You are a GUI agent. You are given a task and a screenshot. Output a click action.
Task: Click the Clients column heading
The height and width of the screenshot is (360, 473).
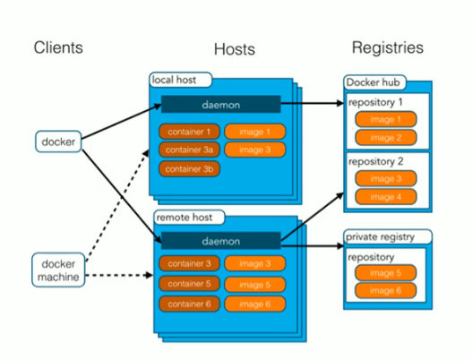tap(58, 47)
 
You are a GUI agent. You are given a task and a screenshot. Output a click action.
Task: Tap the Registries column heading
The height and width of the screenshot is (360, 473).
tap(388, 47)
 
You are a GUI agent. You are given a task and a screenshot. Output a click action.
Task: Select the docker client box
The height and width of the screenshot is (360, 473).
tap(58, 141)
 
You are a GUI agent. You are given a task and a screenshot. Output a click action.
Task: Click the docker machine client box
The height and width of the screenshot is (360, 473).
tap(58, 270)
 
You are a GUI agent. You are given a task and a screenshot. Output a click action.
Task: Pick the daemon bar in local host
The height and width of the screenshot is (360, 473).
tap(220, 104)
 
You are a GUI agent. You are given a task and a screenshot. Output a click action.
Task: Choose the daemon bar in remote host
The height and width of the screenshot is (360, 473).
tap(220, 241)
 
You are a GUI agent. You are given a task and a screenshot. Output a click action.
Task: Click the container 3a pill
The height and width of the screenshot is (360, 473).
tap(189, 150)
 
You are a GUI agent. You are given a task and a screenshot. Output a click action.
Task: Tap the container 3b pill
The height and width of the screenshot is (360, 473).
tap(189, 169)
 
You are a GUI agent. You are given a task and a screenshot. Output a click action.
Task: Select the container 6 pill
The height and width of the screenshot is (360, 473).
tap(189, 304)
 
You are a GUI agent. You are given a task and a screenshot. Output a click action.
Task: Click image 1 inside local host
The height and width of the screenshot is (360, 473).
tap(255, 132)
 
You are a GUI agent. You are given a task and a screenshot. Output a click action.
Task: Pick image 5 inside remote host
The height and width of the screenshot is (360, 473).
tap(255, 285)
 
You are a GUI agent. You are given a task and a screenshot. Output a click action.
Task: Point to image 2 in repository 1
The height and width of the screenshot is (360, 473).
tap(386, 138)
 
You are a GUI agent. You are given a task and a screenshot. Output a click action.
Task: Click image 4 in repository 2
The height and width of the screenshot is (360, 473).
tap(386, 197)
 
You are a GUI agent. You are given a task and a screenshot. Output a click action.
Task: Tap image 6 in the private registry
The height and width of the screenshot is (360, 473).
tap(385, 291)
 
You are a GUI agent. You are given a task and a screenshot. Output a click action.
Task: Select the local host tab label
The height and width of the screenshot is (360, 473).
tap(174, 80)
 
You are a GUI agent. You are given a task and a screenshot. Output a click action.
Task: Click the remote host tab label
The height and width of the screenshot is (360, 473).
tap(185, 217)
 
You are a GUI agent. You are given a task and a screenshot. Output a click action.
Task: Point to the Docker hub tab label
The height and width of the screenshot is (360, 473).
tap(374, 82)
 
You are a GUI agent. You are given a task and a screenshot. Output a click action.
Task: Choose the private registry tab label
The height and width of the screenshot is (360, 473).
tap(380, 237)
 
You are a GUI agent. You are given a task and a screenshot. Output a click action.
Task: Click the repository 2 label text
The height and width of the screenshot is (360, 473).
tap(376, 161)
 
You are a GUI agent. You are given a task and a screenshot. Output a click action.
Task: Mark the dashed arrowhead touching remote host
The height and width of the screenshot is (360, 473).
tap(149, 275)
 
